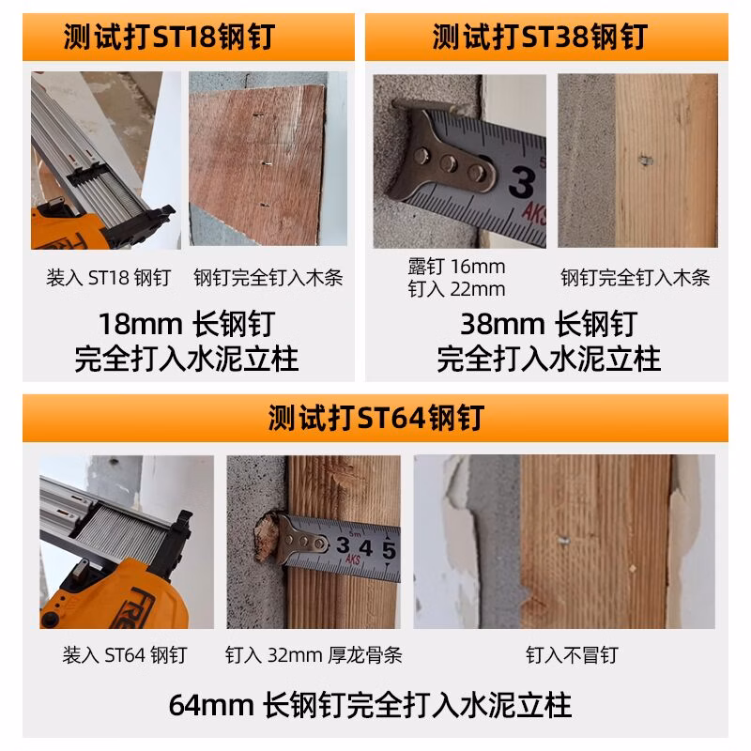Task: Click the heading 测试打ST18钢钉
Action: (169, 37)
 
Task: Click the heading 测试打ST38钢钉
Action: (540, 37)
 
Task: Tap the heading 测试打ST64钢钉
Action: (376, 418)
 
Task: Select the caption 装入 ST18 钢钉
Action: (108, 278)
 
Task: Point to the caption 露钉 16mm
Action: (456, 267)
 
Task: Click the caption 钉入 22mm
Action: (456, 289)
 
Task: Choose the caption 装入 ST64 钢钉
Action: (125, 654)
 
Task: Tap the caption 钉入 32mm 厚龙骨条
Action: (314, 654)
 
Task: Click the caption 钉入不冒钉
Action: (572, 654)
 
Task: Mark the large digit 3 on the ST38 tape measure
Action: (522, 182)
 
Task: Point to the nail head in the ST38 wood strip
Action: (646, 161)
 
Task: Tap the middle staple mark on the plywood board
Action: (267, 163)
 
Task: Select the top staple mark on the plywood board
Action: (258, 115)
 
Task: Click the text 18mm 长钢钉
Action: (187, 324)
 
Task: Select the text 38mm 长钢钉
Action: (549, 324)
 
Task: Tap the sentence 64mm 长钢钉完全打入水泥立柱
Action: (370, 705)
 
